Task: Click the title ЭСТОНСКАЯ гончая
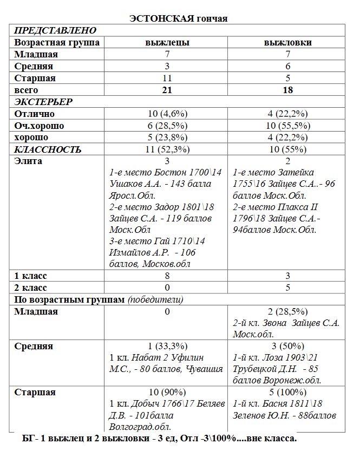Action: [x=179, y=18]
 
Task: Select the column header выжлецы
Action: [x=167, y=42]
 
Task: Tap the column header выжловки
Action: [x=287, y=42]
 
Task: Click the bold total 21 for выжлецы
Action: [x=167, y=90]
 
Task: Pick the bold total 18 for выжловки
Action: [x=287, y=90]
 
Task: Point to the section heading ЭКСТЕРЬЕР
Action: [x=43, y=102]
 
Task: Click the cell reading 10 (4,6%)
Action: [x=167, y=114]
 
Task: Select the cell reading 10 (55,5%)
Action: [x=287, y=126]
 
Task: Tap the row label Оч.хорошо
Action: [x=39, y=126]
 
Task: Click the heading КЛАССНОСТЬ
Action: [x=48, y=149]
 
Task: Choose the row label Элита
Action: [x=29, y=161]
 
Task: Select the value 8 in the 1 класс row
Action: [x=167, y=276]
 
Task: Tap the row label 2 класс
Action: [x=31, y=288]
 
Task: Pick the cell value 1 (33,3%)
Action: [x=167, y=347]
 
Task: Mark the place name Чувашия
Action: [x=205, y=369]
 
